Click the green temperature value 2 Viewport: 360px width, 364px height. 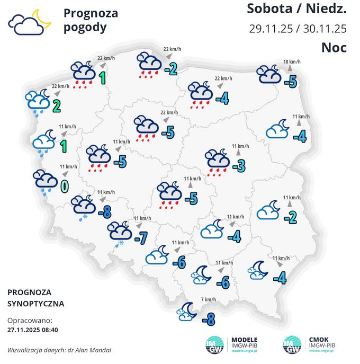56,105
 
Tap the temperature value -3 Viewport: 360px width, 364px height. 239,166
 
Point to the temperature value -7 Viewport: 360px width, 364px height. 140,238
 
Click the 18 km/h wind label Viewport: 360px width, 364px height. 292,61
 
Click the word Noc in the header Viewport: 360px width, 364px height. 334,48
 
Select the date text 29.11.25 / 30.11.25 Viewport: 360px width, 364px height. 298,28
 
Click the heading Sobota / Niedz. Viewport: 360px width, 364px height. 296,9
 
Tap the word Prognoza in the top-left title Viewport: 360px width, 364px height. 91,13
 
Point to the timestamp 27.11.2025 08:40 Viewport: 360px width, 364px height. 32,329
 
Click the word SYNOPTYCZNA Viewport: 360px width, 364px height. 36,304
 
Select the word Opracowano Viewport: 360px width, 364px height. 30,321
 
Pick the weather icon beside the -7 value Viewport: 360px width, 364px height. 120,233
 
